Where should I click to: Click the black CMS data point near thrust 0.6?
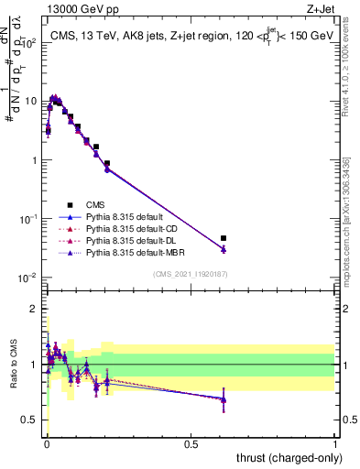[224, 238]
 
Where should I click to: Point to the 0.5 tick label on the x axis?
[191, 442]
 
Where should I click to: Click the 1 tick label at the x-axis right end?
[335, 442]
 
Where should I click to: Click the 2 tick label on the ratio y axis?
[34, 309]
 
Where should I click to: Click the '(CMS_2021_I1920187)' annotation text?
[191, 274]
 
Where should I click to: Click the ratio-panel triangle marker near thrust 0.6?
[224, 398]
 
